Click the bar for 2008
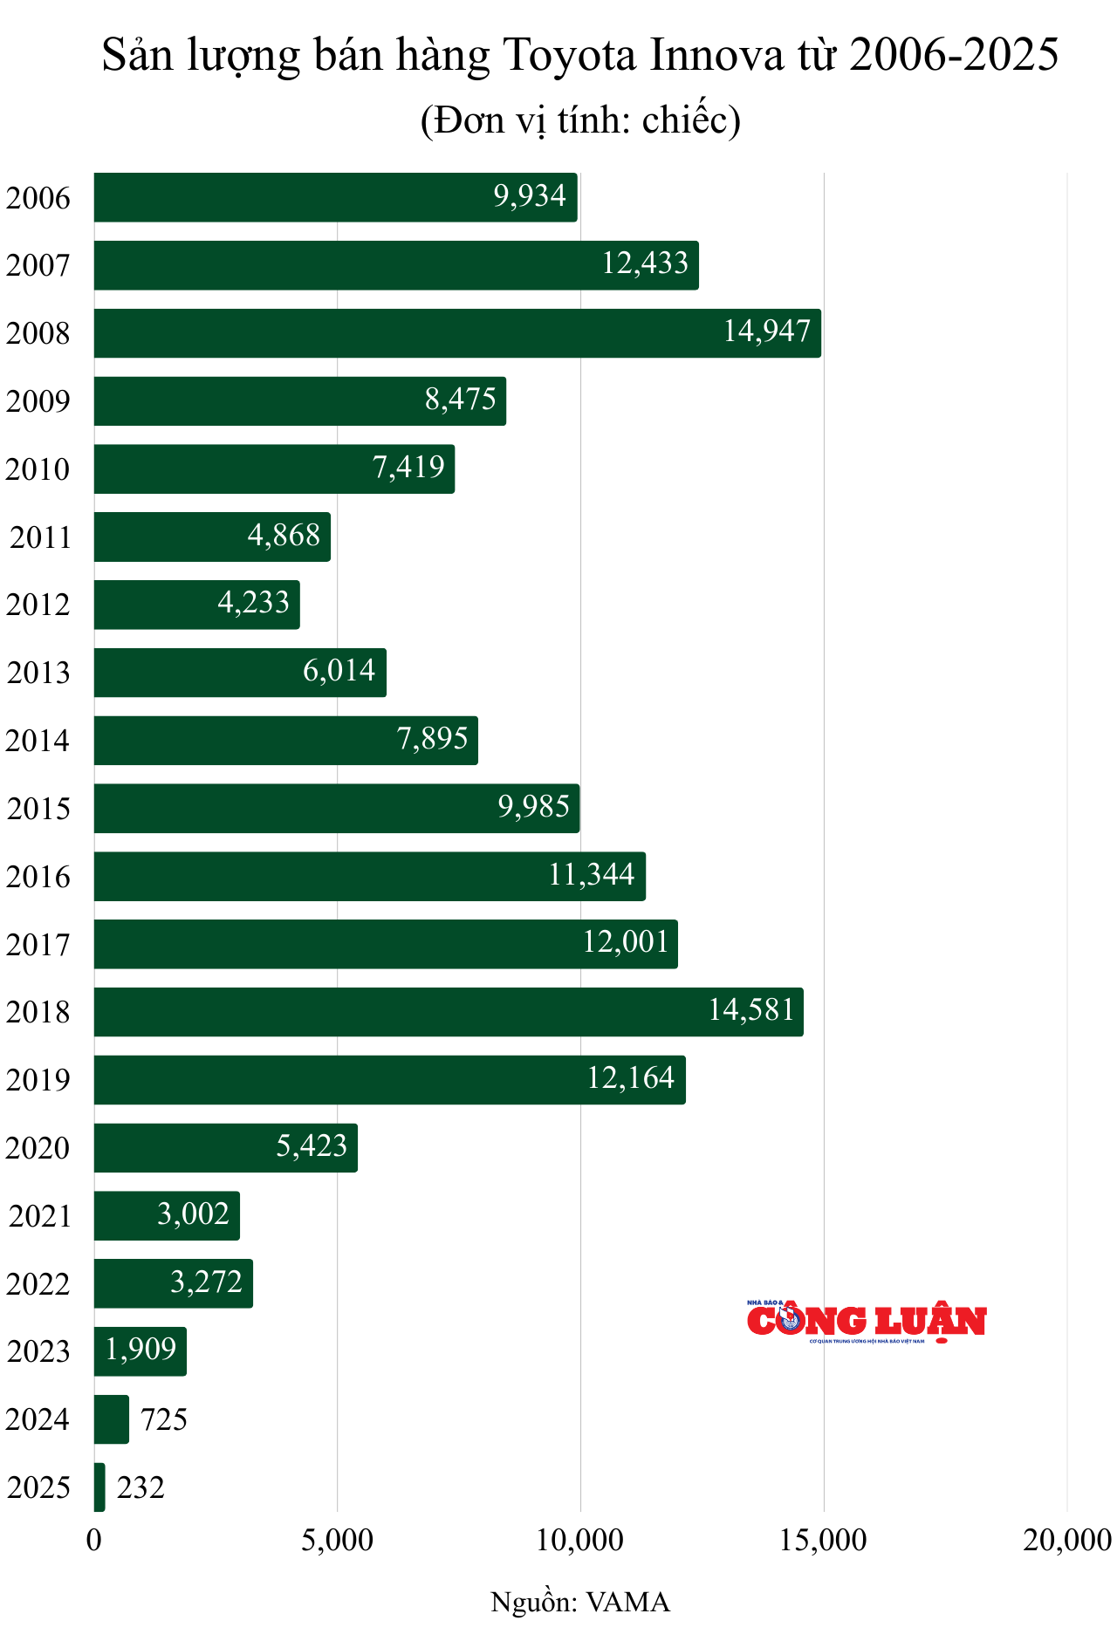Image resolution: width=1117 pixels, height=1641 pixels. point(457,333)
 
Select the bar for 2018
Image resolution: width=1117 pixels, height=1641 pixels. point(449,1012)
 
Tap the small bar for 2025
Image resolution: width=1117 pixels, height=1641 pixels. point(99,1487)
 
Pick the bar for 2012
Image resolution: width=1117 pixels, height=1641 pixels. point(196,605)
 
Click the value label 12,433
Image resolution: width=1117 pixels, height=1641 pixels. point(645,263)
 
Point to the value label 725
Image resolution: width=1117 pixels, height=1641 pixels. point(164,1420)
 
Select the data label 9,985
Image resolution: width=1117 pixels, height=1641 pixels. point(533,807)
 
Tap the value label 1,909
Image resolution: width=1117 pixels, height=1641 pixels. point(140,1350)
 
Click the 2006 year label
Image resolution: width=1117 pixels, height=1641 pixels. point(38,198)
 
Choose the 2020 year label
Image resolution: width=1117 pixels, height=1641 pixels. point(38,1148)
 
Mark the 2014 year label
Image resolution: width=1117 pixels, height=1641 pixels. point(38,741)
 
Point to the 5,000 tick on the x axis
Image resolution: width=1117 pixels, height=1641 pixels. point(337,1541)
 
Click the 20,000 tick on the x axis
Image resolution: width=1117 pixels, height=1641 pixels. point(1066,1541)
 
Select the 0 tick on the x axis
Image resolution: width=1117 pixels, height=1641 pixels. point(94,1541)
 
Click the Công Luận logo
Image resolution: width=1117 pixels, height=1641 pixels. point(866,1321)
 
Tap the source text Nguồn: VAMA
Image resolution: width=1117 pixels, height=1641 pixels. point(580,1603)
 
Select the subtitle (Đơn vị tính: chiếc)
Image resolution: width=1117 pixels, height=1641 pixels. point(580,120)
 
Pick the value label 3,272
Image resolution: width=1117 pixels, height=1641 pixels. point(206,1282)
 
